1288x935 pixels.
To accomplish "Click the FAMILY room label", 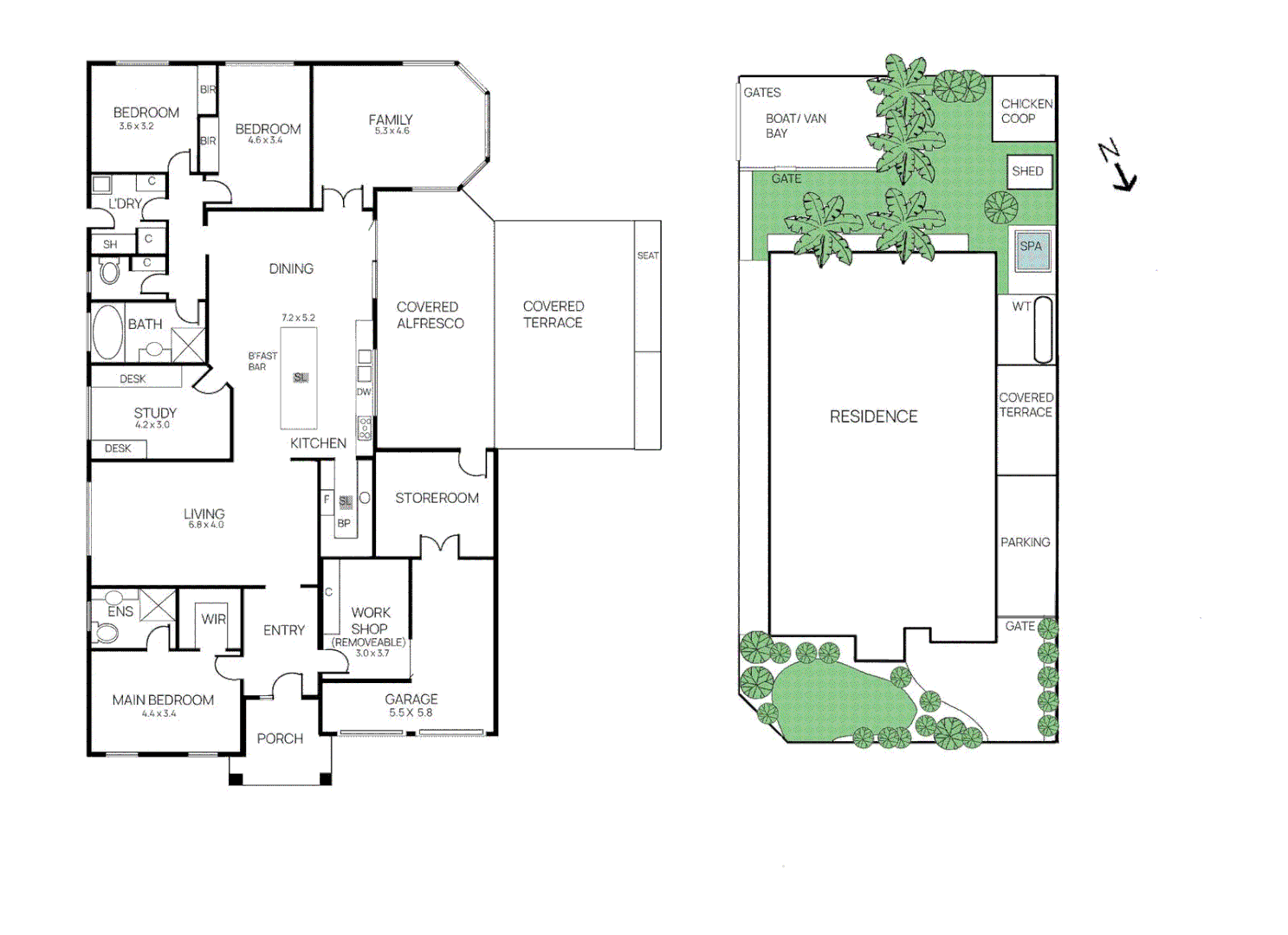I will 391,120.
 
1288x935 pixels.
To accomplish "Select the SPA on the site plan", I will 1031,248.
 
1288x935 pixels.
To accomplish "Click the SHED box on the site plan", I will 1028,171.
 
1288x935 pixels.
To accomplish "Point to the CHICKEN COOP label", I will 1026,111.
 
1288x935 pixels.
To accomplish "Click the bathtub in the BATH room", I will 107,332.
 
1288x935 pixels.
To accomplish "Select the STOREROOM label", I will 437,499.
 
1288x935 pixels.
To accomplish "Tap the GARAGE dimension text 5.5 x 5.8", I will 411,713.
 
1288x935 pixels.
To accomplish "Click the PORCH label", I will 280,739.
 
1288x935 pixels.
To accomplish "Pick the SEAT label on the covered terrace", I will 648,256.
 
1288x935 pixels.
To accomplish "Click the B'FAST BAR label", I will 262,362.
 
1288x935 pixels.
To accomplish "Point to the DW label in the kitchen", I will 364,392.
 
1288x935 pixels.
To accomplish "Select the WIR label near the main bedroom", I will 213,620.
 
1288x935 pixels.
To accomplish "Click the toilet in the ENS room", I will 106,634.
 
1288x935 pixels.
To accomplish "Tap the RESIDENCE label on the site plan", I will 873,417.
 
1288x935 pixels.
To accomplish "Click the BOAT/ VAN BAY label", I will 795,126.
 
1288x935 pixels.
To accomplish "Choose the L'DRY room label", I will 125,204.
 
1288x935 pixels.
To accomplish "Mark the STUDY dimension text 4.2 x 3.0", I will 152,425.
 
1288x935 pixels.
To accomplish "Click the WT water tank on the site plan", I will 1043,329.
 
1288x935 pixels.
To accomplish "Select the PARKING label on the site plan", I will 1026,543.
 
